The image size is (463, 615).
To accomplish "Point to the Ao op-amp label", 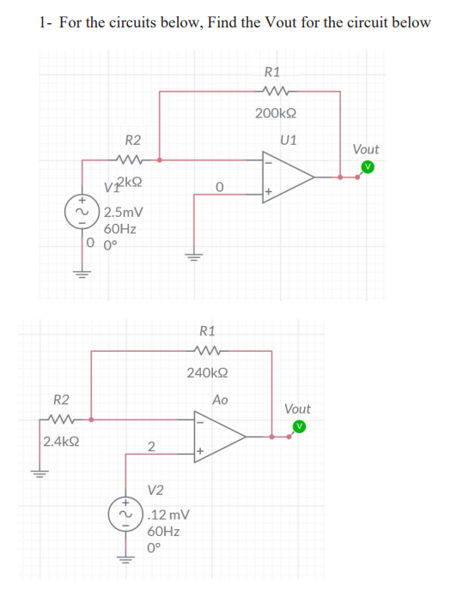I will (220, 400).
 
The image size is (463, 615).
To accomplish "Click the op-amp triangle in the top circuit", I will (288, 176).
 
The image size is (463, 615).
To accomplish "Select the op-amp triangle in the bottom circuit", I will (220, 435).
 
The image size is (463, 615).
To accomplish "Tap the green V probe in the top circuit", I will (368, 166).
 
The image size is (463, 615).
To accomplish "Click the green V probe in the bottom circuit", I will (299, 426).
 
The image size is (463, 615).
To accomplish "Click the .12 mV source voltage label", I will (168, 516).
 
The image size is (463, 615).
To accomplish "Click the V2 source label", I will (156, 491).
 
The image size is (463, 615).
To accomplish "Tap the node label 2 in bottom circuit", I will (151, 446).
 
